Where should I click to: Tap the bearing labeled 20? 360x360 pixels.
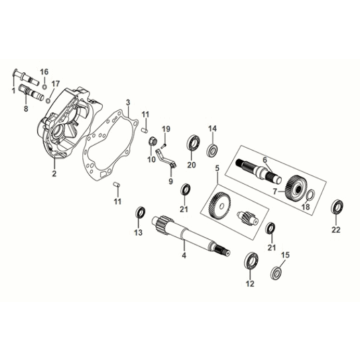pyautogui.click(x=191, y=148)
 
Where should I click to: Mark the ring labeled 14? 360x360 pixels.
pyautogui.click(x=212, y=151)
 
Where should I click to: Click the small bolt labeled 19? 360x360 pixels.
pyautogui.click(x=163, y=140)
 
